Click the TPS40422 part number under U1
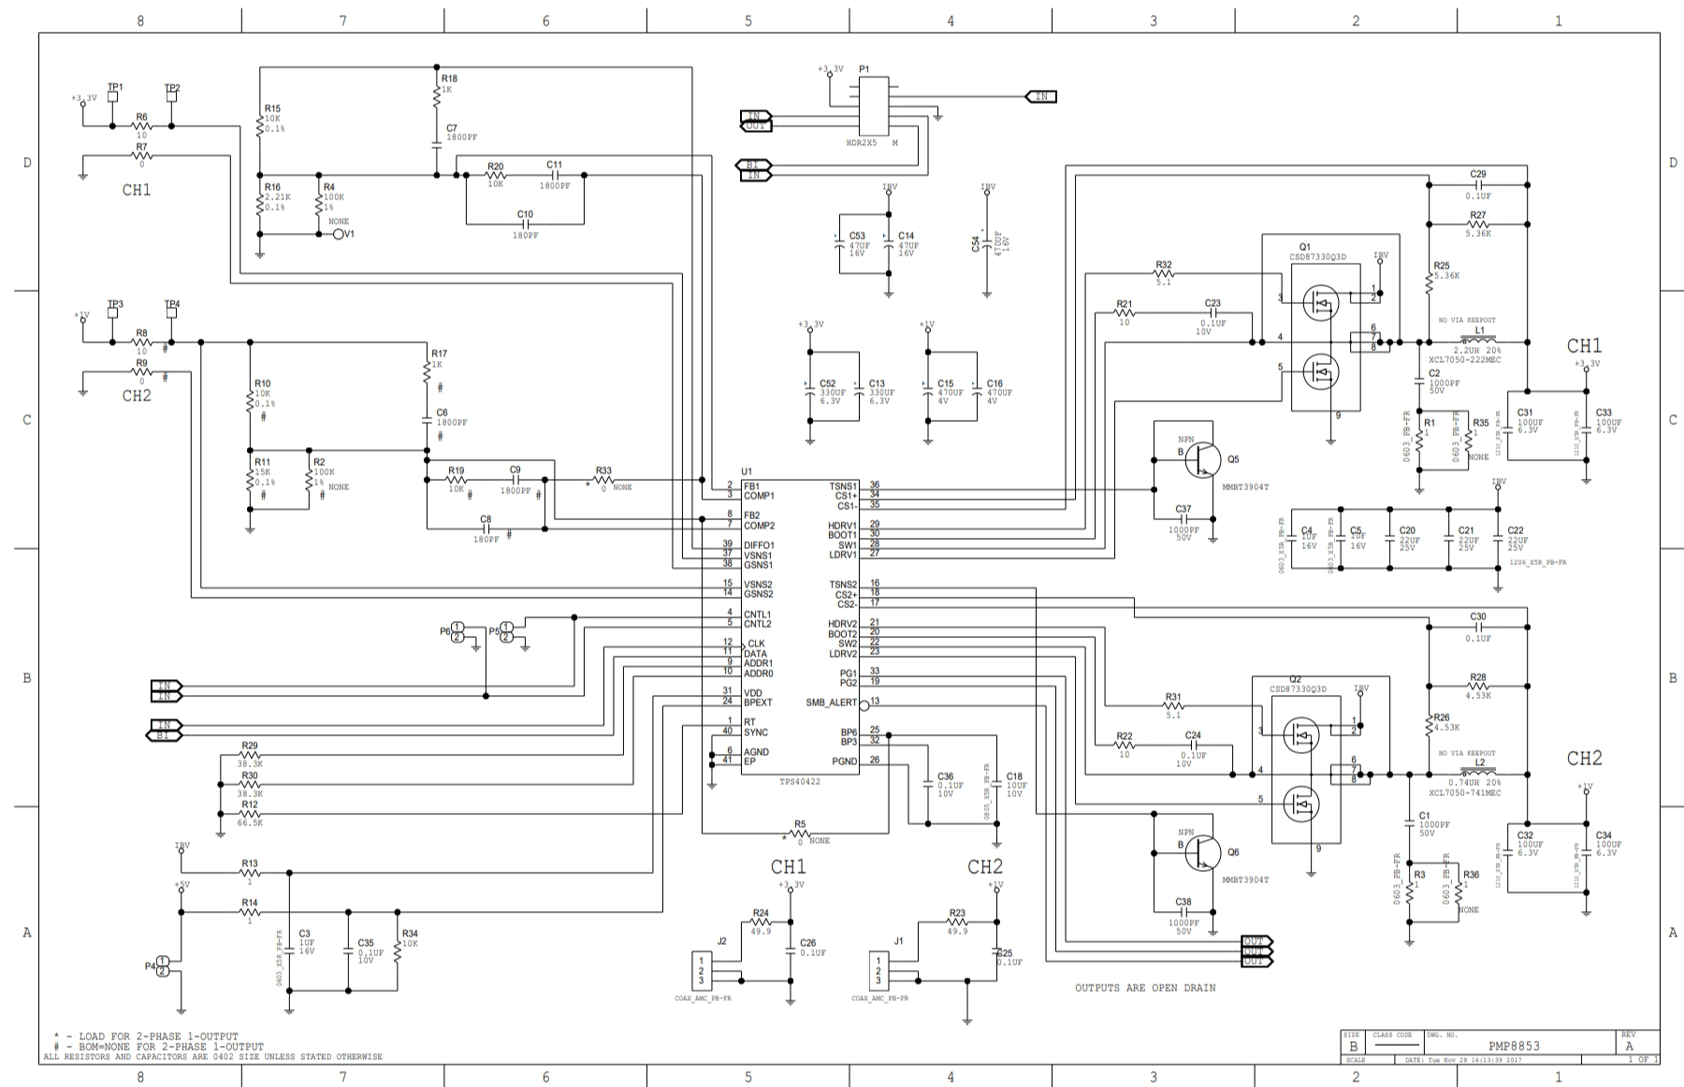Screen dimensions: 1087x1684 click(800, 781)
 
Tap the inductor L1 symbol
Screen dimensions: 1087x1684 click(1478, 341)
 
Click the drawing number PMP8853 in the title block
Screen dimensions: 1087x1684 click(1514, 1046)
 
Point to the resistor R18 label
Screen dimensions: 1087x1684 click(449, 80)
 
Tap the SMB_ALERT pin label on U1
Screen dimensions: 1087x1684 click(831, 703)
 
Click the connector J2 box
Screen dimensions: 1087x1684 click(701, 969)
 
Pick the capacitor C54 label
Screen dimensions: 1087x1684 click(976, 244)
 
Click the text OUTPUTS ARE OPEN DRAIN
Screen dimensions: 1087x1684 click(1144, 988)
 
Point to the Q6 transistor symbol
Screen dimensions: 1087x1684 click(1202, 851)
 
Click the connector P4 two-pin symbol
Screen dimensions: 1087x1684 click(163, 966)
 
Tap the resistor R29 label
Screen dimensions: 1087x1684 click(249, 746)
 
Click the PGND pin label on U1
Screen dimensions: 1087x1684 click(844, 761)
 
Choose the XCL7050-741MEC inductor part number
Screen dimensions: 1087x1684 click(1464, 792)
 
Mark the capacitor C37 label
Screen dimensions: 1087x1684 click(1183, 510)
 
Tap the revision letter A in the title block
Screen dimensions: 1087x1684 click(1629, 1046)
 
